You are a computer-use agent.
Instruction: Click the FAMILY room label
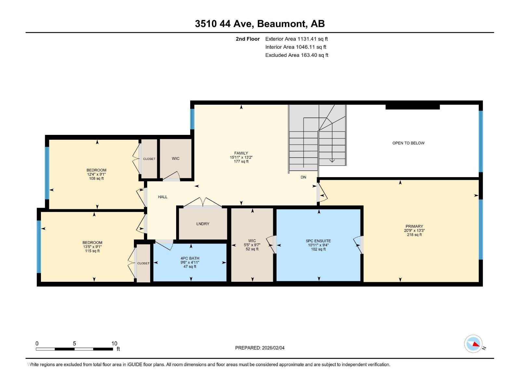pos(241,153)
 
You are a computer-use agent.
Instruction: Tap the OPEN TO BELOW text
pos(408,143)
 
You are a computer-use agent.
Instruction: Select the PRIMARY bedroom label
pos(414,226)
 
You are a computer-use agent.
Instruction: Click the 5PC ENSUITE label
pos(318,241)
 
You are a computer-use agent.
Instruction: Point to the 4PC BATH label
pos(190,258)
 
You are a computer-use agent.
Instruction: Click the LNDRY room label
pos(203,224)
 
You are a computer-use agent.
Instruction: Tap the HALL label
pos(162,197)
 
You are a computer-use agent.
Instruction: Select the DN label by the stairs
pos(303,177)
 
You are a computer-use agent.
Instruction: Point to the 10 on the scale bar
pos(114,344)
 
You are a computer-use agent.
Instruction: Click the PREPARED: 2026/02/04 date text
pos(260,348)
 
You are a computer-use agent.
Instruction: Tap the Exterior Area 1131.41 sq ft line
pos(296,39)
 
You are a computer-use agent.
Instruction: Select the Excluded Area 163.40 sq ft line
pos(296,55)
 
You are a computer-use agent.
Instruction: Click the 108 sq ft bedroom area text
pos(96,178)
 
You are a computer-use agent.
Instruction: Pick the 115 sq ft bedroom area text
pos(92,251)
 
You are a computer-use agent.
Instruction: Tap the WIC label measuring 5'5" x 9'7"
pos(252,241)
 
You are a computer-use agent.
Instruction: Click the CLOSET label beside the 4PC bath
pos(143,263)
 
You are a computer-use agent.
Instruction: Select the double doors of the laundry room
pos(203,203)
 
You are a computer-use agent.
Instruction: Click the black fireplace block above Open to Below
pos(412,107)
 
